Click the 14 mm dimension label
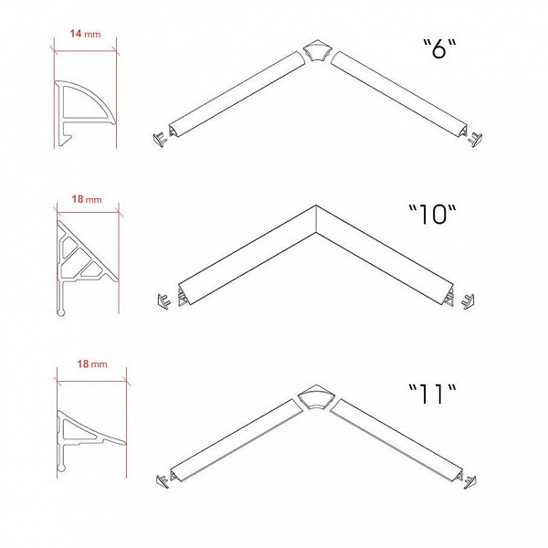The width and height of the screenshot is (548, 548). point(85,34)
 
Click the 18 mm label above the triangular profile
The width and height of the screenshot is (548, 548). point(87,199)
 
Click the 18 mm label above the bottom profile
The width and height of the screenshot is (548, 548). point(92,364)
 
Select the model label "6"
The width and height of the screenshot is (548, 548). point(439,48)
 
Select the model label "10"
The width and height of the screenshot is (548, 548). point(433,214)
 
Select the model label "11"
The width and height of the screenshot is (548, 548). point(432,394)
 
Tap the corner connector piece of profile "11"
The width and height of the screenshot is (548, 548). point(316,397)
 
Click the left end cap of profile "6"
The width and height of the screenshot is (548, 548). point(160,139)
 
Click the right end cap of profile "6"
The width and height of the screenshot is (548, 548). point(475,139)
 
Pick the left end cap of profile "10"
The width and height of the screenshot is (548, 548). point(163,301)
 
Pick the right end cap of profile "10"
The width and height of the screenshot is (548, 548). point(468,301)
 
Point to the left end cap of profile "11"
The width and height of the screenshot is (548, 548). point(163,481)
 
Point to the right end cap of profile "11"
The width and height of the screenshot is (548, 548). point(469,481)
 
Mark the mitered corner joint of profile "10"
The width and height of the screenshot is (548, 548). point(316,219)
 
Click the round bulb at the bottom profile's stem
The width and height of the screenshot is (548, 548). point(61,468)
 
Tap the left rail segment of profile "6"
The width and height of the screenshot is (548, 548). point(237,94)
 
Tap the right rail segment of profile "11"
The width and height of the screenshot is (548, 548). point(397,441)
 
